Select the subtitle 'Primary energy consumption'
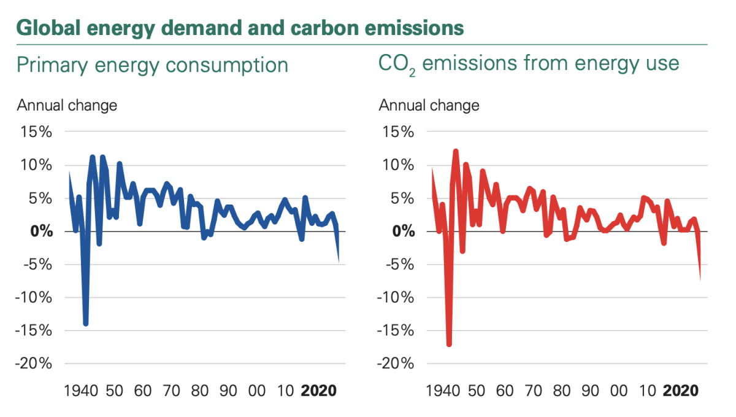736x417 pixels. click(152, 65)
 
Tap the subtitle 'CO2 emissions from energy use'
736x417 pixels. click(529, 64)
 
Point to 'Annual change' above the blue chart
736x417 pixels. click(67, 105)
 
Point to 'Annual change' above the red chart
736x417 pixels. click(429, 105)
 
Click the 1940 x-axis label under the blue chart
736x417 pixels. click(82, 391)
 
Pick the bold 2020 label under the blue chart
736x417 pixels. click(318, 391)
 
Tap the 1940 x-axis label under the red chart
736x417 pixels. click(444, 391)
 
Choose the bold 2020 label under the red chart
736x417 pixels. click(680, 391)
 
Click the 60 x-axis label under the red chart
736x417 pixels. click(505, 391)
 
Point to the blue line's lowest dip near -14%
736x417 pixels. click(86, 323)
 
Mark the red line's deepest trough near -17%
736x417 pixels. click(449, 344)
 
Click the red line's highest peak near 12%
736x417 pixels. click(456, 151)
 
